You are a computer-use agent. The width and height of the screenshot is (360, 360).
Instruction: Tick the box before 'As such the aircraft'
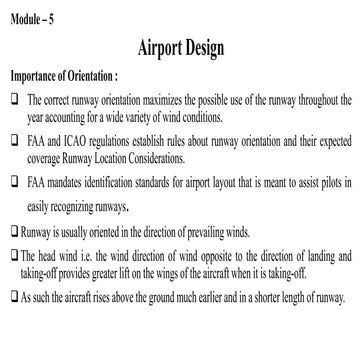pos(11,282)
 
